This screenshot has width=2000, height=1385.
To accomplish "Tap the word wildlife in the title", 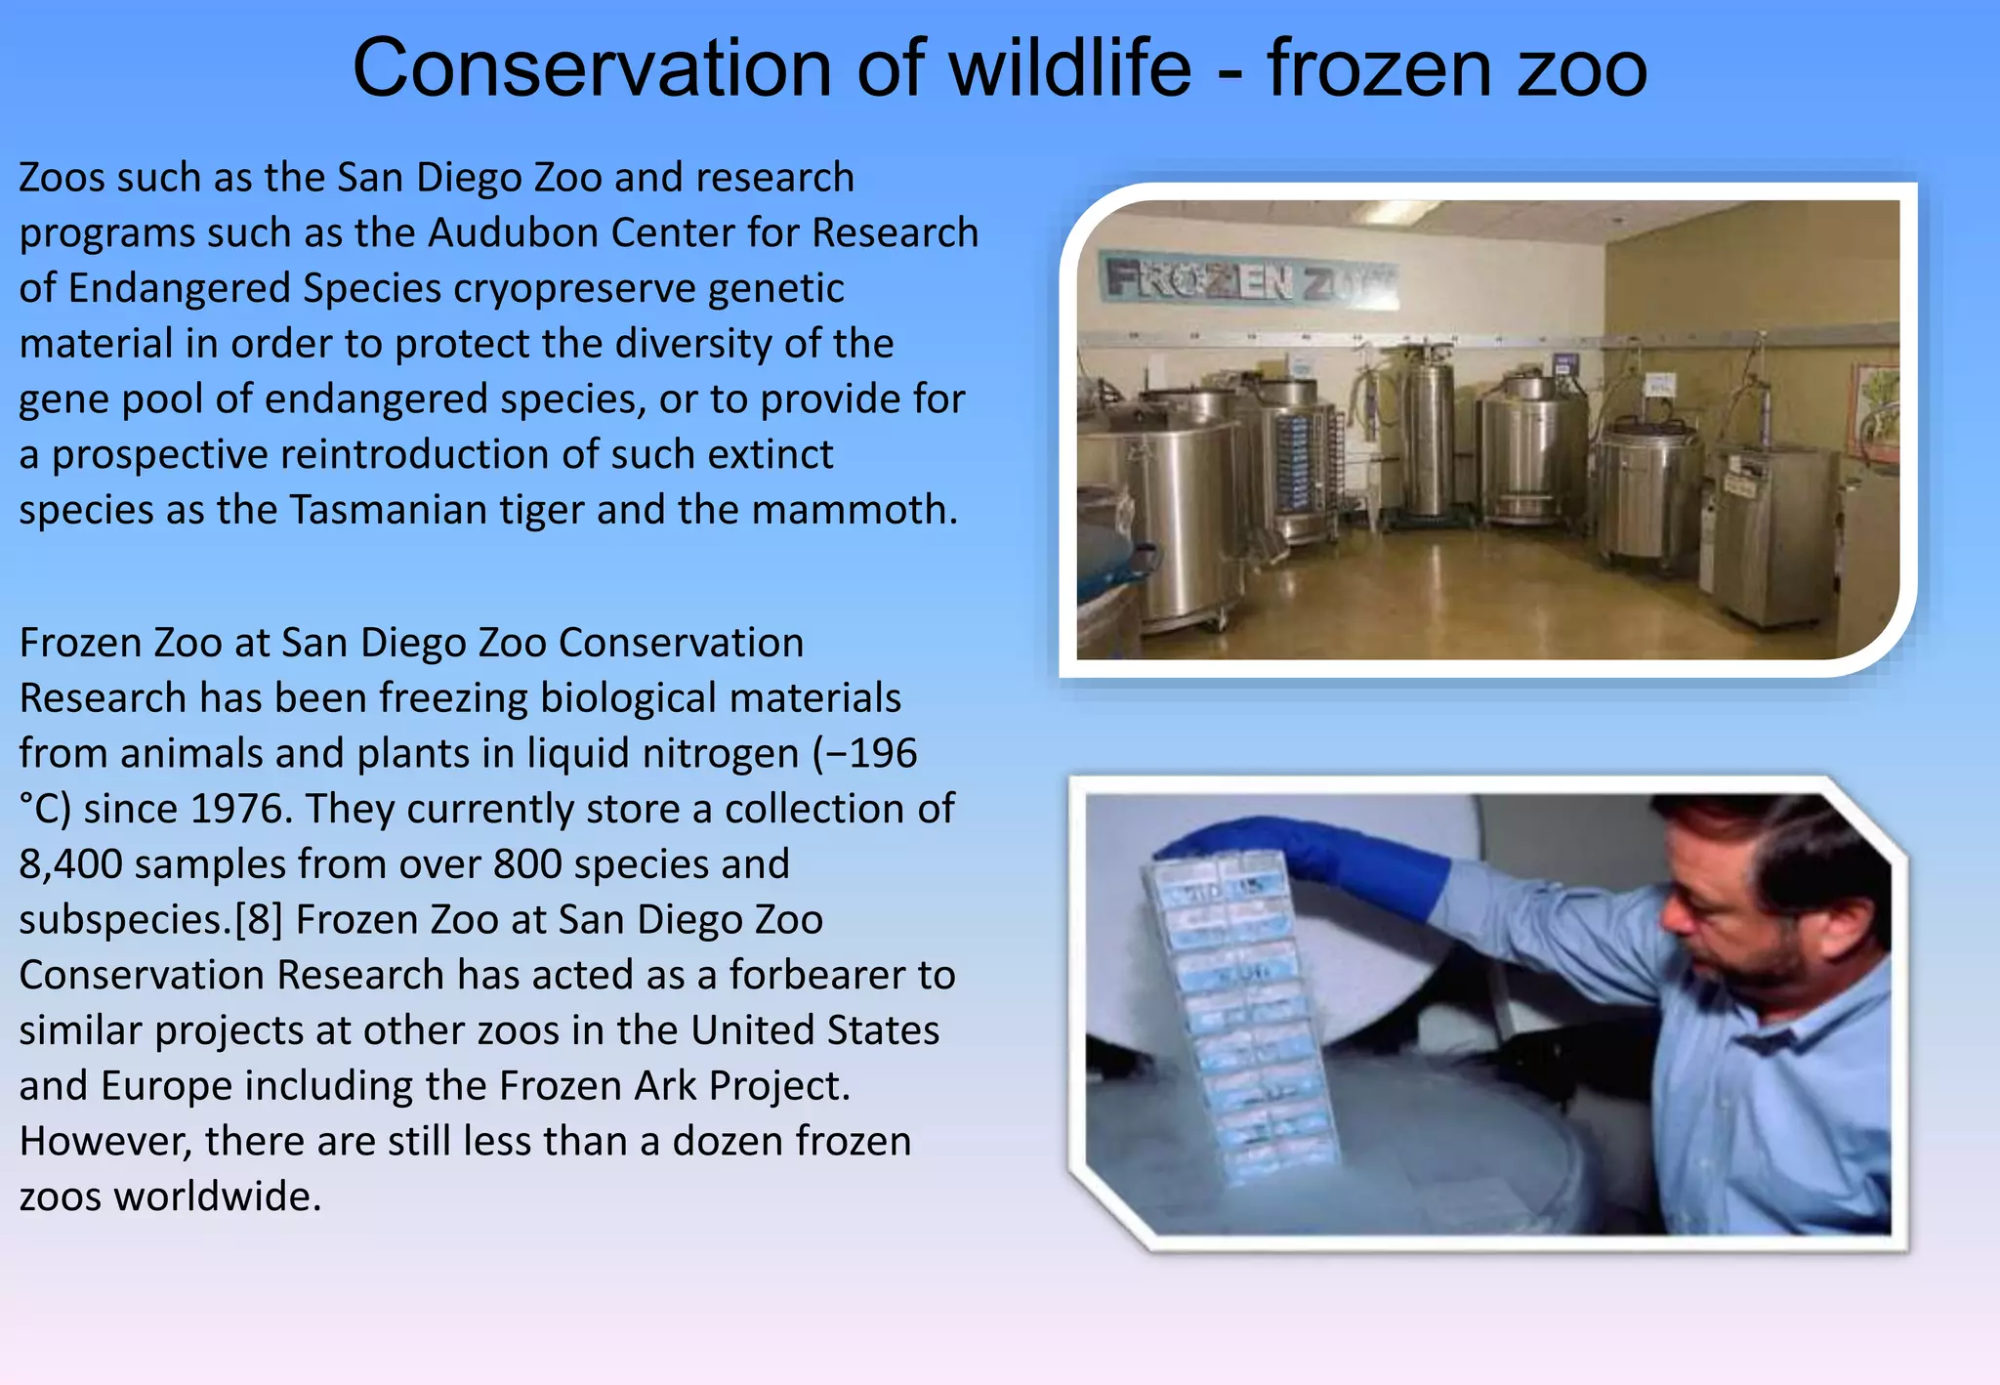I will tap(1069, 68).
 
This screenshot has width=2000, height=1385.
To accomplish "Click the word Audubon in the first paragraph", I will tap(513, 232).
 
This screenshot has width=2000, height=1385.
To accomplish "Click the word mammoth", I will tap(854, 510).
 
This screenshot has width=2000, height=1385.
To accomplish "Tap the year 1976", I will tap(240, 809).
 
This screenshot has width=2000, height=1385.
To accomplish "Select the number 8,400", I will tap(70, 864).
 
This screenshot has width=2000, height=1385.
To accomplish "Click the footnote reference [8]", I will tap(259, 920).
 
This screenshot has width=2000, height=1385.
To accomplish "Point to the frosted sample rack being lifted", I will tap(1240, 1016).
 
